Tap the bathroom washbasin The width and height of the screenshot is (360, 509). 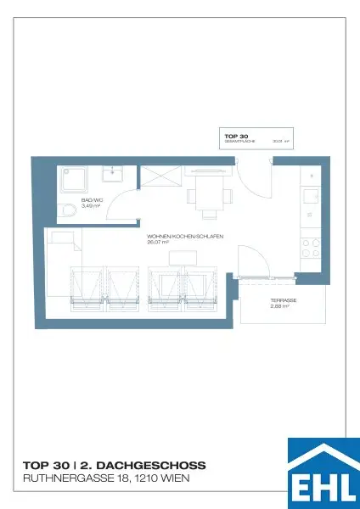[113, 174]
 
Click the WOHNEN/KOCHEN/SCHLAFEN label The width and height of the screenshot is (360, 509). [185, 236]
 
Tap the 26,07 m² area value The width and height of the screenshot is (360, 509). [158, 242]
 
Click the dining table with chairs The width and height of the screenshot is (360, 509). [208, 192]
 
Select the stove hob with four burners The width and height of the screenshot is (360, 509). [311, 249]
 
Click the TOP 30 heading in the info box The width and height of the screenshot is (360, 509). [235, 136]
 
